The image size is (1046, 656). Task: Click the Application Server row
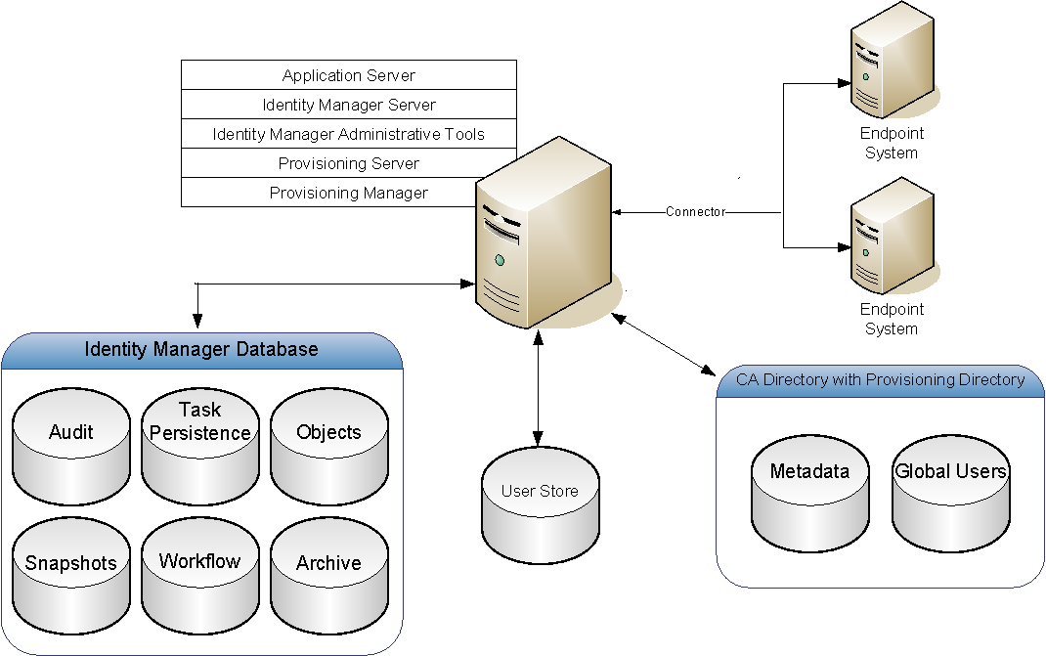[349, 75]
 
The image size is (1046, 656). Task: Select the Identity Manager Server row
[349, 105]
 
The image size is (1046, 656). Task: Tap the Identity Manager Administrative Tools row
[349, 134]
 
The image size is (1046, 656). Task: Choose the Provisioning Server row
[349, 163]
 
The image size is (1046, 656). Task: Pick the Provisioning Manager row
[349, 193]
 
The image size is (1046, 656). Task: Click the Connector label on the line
[695, 211]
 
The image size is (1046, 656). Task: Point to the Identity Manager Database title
[201, 350]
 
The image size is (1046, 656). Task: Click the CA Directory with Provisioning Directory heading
[880, 379]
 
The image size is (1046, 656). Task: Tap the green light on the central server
[500, 260]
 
